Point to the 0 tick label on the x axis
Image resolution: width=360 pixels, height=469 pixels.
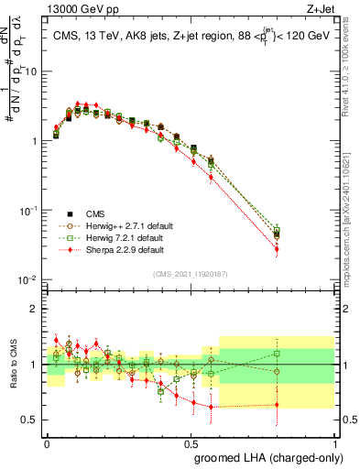coord(47,442)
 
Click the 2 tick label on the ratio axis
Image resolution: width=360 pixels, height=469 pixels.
coord(35,309)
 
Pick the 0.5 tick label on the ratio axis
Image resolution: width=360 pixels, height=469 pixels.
coord(30,420)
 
